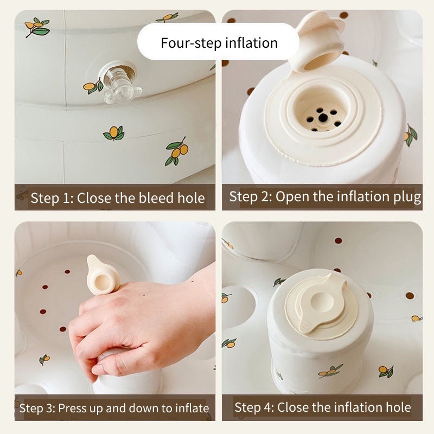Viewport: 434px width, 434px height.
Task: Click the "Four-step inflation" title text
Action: (x=219, y=43)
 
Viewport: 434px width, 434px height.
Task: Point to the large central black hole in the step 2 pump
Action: (x=323, y=118)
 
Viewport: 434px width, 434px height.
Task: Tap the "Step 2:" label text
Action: (x=251, y=197)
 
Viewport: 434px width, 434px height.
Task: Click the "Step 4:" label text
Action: (x=254, y=407)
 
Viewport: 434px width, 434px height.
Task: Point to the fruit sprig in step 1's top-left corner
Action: (x=37, y=27)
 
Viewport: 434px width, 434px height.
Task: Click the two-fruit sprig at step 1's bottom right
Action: (x=177, y=151)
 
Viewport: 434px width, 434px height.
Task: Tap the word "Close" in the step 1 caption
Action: (x=94, y=198)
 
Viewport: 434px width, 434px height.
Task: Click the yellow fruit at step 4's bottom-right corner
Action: (x=383, y=370)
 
